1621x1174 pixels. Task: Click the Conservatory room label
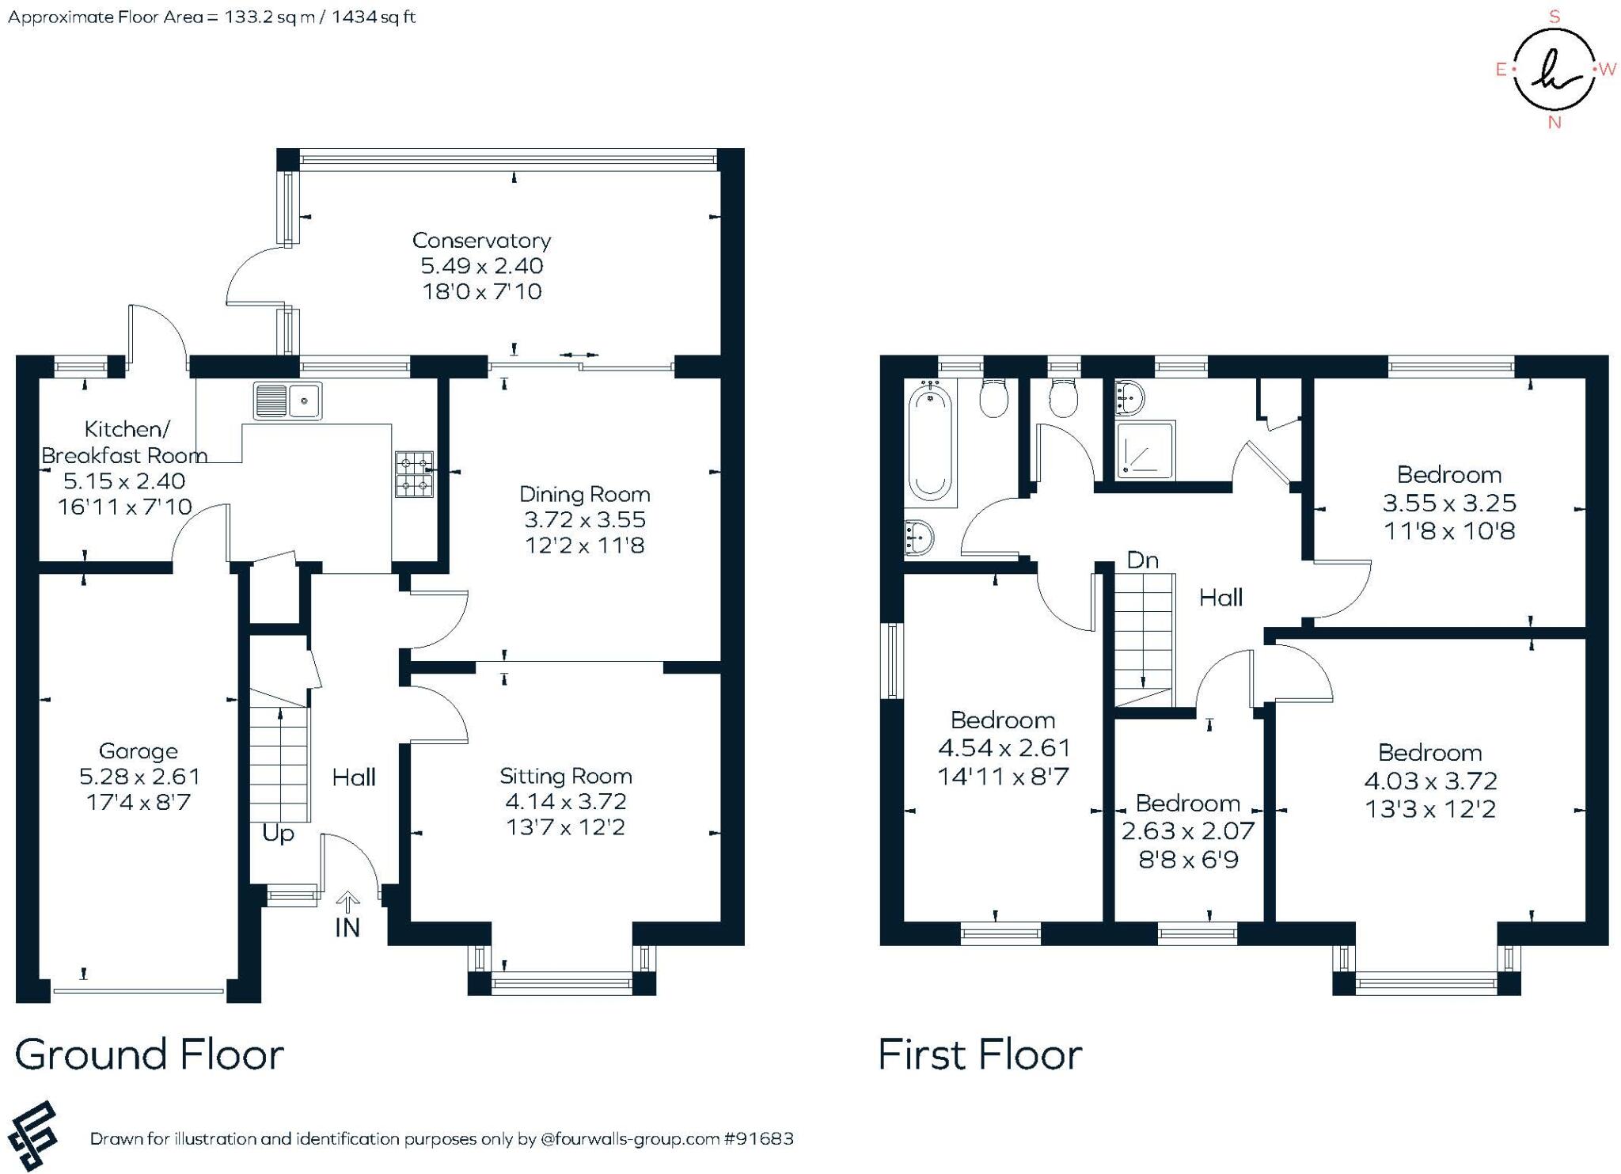481,240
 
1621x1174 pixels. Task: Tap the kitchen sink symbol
287,401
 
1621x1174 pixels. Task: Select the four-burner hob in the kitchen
415,473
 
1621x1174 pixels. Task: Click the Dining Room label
584,494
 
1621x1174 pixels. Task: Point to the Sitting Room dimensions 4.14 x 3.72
565,801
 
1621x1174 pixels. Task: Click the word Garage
139,751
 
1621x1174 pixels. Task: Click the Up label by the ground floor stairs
278,834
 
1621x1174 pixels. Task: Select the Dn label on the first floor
1142,560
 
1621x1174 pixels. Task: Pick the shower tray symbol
1145,450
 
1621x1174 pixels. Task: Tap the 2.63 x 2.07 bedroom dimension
1187,831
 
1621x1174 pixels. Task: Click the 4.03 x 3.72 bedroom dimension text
1430,781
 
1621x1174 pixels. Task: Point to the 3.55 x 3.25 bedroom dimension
1449,503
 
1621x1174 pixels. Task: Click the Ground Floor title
149,1054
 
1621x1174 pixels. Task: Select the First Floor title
980,1054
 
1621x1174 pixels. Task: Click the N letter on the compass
1554,123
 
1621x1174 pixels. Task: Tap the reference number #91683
758,1138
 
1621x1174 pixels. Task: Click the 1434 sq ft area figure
374,17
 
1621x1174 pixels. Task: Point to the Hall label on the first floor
1220,598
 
